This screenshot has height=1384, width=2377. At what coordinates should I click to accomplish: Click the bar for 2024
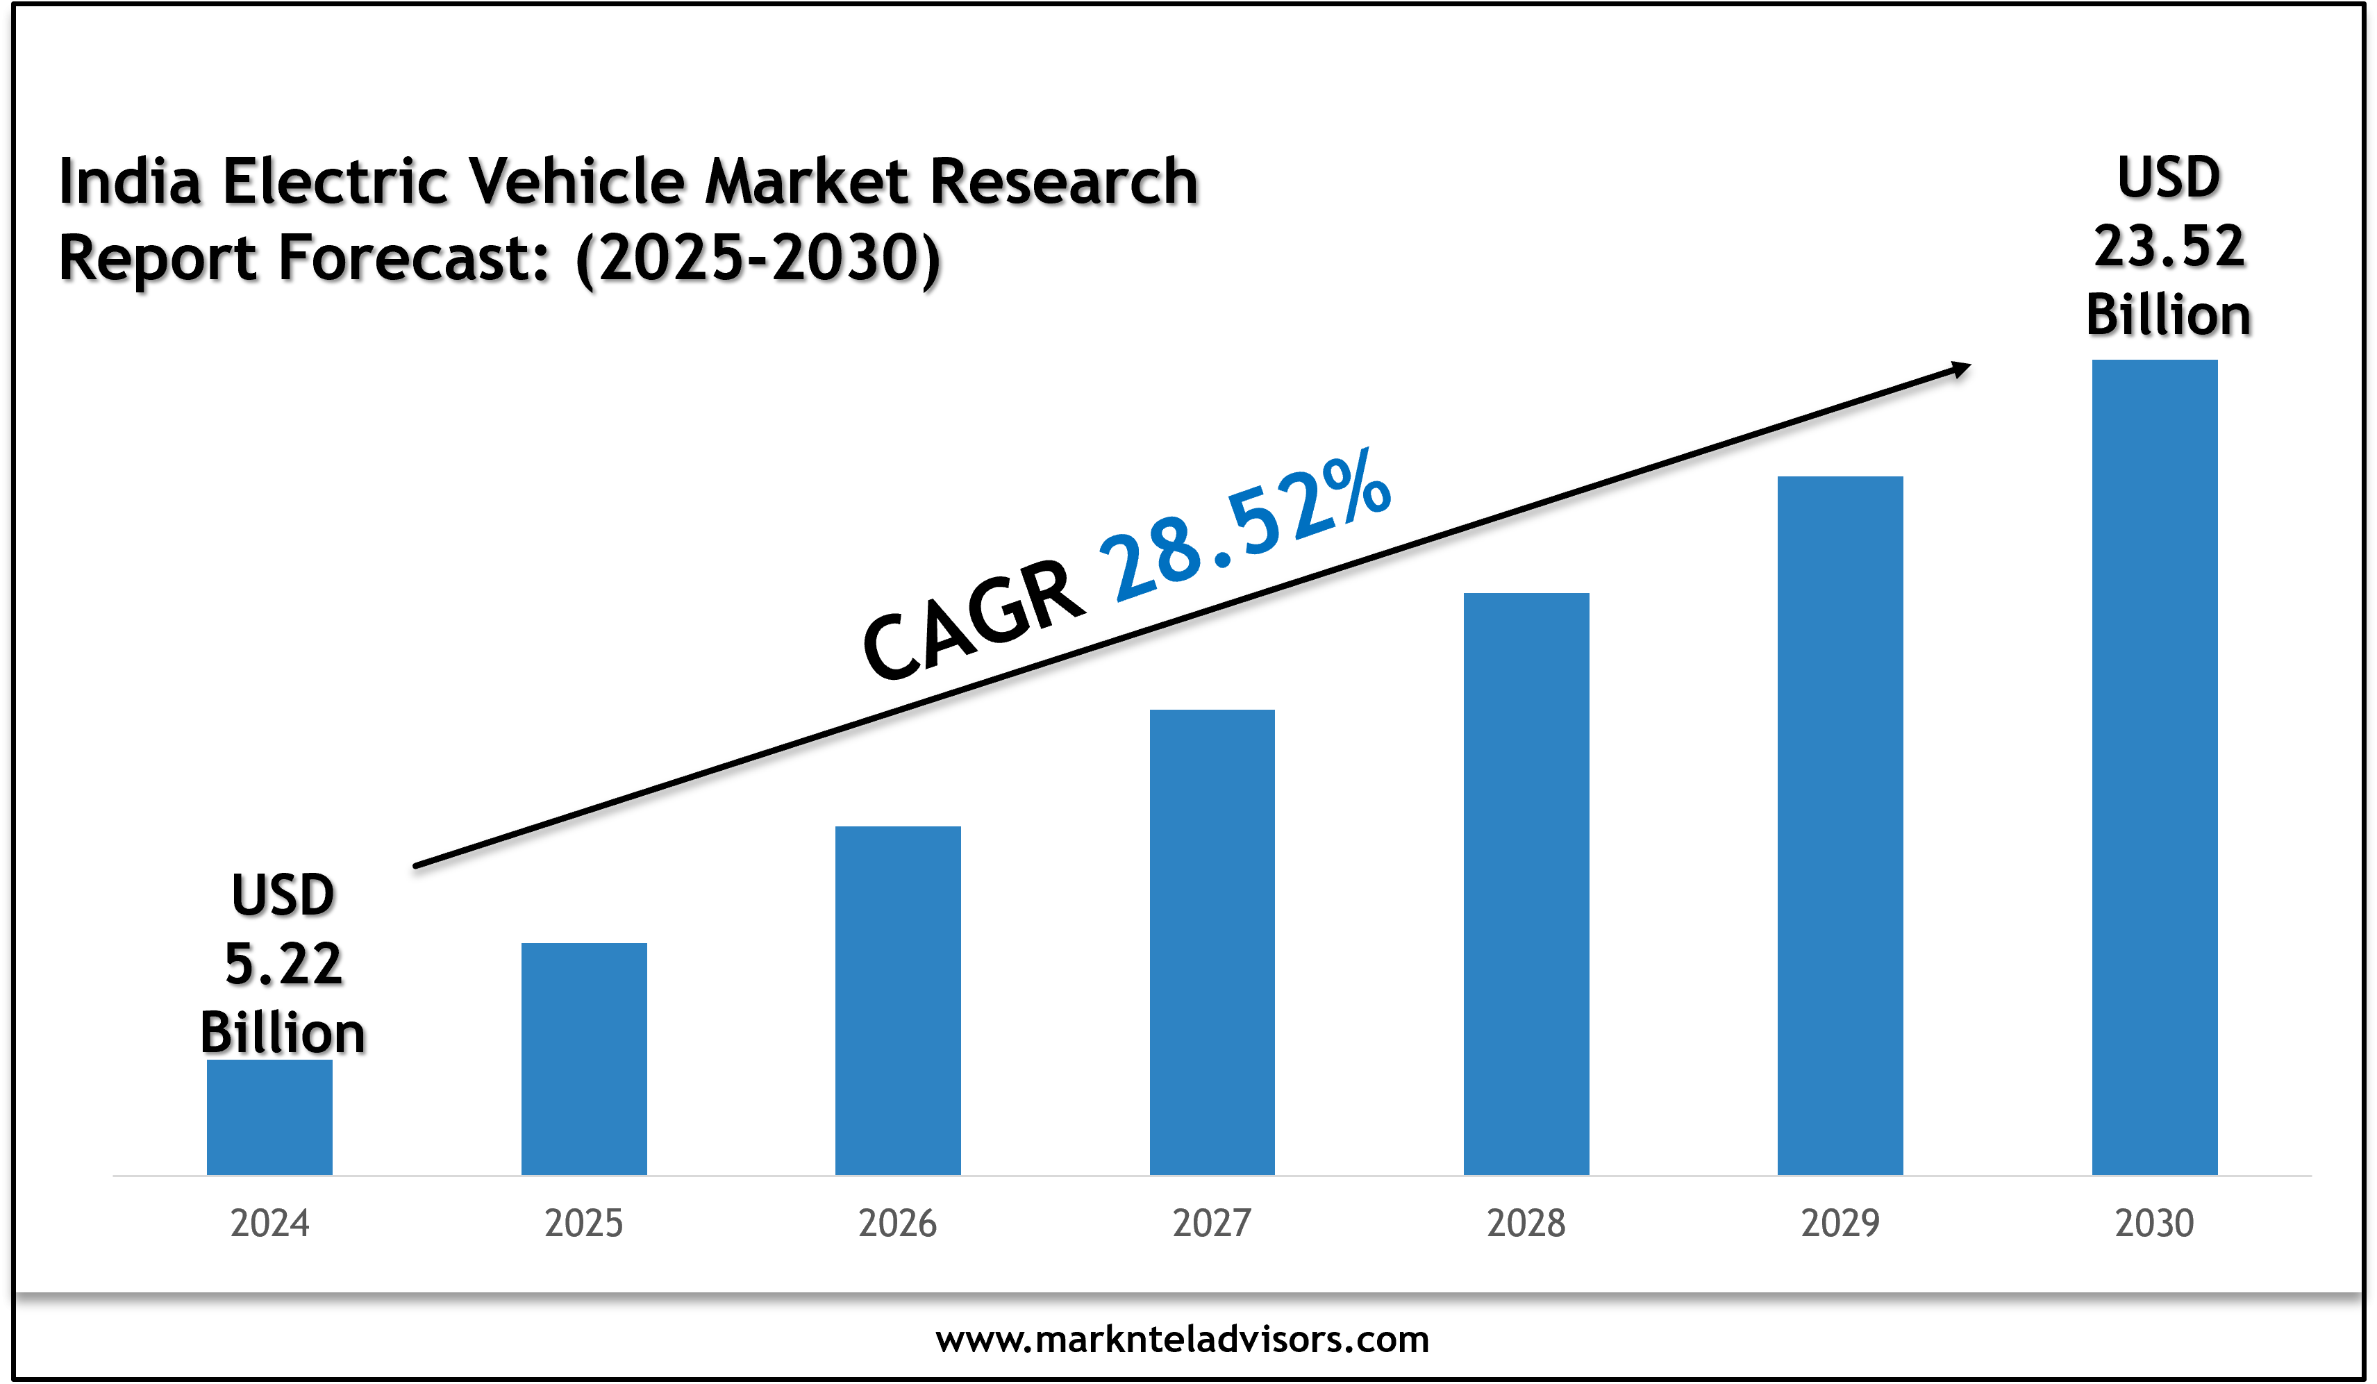click(269, 1117)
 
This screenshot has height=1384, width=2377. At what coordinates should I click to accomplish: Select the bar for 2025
click(584, 1058)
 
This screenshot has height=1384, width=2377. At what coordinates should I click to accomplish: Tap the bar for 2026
click(898, 1000)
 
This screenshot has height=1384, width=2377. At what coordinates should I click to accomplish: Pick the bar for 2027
click(1212, 942)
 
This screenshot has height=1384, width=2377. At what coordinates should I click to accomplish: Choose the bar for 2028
click(1526, 883)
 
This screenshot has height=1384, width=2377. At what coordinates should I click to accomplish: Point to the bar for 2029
click(1840, 826)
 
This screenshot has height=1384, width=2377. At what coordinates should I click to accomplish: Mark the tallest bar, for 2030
click(2154, 767)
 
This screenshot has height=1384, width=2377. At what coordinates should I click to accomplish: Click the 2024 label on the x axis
click(269, 1224)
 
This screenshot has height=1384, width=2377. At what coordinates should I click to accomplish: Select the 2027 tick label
click(1212, 1224)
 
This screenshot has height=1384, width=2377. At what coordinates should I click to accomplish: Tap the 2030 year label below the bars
click(2154, 1224)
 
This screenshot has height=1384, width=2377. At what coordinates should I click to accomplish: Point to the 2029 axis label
click(1840, 1224)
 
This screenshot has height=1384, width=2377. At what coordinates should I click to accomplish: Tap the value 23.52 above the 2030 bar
click(2169, 247)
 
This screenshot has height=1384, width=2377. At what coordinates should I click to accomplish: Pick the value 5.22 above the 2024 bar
click(283, 964)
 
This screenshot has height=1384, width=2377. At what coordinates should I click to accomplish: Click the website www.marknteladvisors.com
click(1182, 1340)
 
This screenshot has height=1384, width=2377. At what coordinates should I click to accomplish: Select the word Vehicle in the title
click(577, 181)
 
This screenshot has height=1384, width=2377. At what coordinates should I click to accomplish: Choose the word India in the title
click(130, 181)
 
